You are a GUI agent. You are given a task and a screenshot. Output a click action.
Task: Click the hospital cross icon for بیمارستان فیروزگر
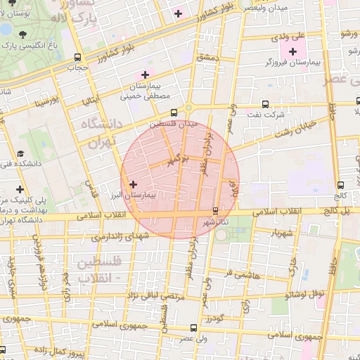click(292, 51)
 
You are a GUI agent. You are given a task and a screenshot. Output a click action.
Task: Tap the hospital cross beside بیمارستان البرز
click(134, 184)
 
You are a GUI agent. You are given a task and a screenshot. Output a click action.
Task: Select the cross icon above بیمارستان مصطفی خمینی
click(146, 75)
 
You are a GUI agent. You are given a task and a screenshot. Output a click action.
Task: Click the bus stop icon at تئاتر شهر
click(215, 210)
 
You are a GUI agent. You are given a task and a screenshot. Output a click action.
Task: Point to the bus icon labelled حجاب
click(77, 58)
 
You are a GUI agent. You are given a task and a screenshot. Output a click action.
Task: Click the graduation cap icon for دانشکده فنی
click(20, 153)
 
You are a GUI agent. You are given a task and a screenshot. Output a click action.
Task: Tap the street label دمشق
click(210, 56)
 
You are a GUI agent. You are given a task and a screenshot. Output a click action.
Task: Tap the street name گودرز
click(214, 319)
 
